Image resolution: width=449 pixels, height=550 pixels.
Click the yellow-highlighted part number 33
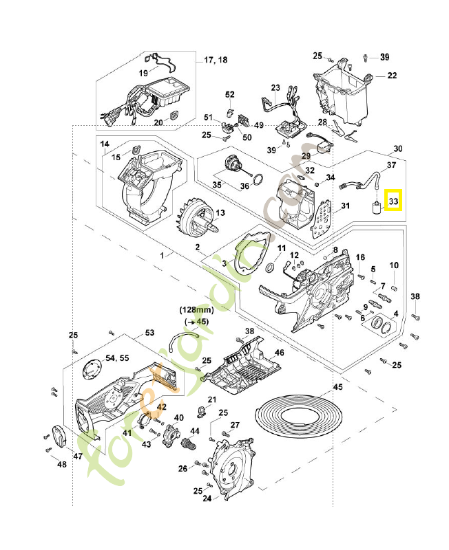(x=394, y=201)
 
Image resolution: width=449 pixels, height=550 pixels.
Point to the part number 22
(x=391, y=76)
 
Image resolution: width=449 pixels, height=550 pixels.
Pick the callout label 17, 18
(x=215, y=60)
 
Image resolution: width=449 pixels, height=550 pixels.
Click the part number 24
(x=206, y=500)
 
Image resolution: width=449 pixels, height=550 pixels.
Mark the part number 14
(x=105, y=144)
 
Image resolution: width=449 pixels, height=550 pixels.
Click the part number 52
(x=230, y=94)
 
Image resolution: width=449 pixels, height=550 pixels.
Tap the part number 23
(x=275, y=88)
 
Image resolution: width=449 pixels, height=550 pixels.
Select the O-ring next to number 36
(x=256, y=181)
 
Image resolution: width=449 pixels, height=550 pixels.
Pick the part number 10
(x=394, y=265)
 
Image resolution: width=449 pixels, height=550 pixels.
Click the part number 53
(x=149, y=333)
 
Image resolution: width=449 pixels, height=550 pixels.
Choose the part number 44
(x=195, y=430)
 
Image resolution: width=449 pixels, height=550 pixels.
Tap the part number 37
(x=390, y=165)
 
